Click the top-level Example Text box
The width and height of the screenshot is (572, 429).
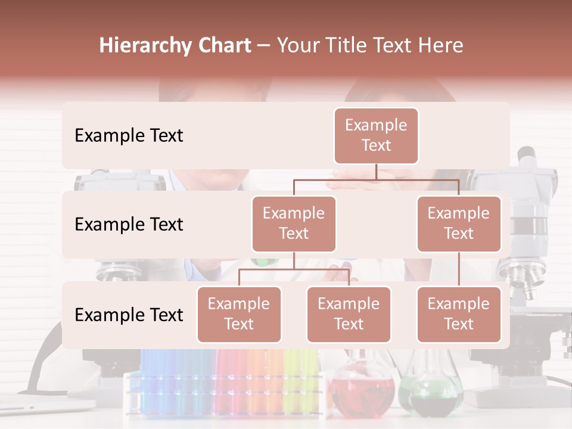pos(376,135)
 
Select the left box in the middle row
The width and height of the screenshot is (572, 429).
pos(294,223)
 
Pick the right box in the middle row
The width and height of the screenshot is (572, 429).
pos(459,223)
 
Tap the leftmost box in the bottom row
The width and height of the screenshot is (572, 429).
pos(239,314)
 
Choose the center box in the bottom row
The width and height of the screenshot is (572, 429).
pos(349,314)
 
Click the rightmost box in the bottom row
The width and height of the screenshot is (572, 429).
pos(459,314)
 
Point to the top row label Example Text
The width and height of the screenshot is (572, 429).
pos(129,135)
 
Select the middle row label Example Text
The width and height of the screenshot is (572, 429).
pos(129,224)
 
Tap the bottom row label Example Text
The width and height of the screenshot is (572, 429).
pos(129,315)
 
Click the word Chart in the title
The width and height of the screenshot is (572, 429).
pos(222,46)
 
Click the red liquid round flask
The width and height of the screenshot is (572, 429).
pos(362,390)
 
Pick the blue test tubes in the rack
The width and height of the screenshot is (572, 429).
pos(161,381)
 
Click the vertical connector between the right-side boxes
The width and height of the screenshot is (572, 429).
pos(459,269)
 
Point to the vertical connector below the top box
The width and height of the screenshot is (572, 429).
pos(376,172)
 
